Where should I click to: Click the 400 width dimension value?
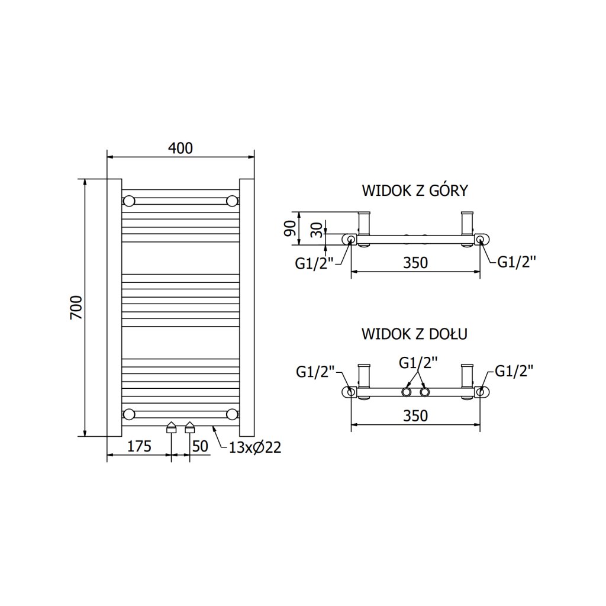180,148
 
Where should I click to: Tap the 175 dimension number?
139,446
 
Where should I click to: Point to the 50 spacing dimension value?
201,446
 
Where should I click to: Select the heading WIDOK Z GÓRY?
415,191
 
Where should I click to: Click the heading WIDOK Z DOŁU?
415,334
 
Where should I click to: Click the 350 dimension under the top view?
415,262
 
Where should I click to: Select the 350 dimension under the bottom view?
415,415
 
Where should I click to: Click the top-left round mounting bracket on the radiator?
128,201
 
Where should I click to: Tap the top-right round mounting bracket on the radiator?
232,201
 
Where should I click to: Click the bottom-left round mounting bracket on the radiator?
128,414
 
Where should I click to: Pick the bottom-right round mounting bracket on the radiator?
232,414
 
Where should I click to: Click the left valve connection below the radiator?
172,427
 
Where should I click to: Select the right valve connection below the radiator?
190,427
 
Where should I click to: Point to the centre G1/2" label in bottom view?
418,362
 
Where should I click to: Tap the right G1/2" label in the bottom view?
514,371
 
